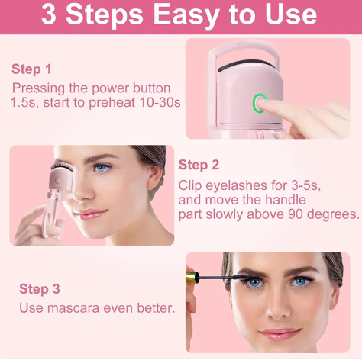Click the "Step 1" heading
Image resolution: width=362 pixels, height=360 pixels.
pos(31,69)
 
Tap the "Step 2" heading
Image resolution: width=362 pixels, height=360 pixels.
pos(199,165)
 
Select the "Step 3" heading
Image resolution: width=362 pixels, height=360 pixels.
pos(40,289)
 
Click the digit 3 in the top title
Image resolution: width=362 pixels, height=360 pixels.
pos(49,14)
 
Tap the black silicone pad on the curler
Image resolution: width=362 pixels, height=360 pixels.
pos(247,65)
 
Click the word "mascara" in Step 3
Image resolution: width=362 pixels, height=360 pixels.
pos(73,308)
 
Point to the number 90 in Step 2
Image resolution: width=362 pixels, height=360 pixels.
pos(296,214)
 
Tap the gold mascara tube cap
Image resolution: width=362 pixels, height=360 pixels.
pos(192,277)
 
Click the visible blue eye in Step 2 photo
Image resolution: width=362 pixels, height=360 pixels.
pos(102,168)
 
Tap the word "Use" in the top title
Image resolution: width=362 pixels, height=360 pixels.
pos(291,14)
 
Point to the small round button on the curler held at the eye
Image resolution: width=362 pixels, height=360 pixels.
pos(58,181)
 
